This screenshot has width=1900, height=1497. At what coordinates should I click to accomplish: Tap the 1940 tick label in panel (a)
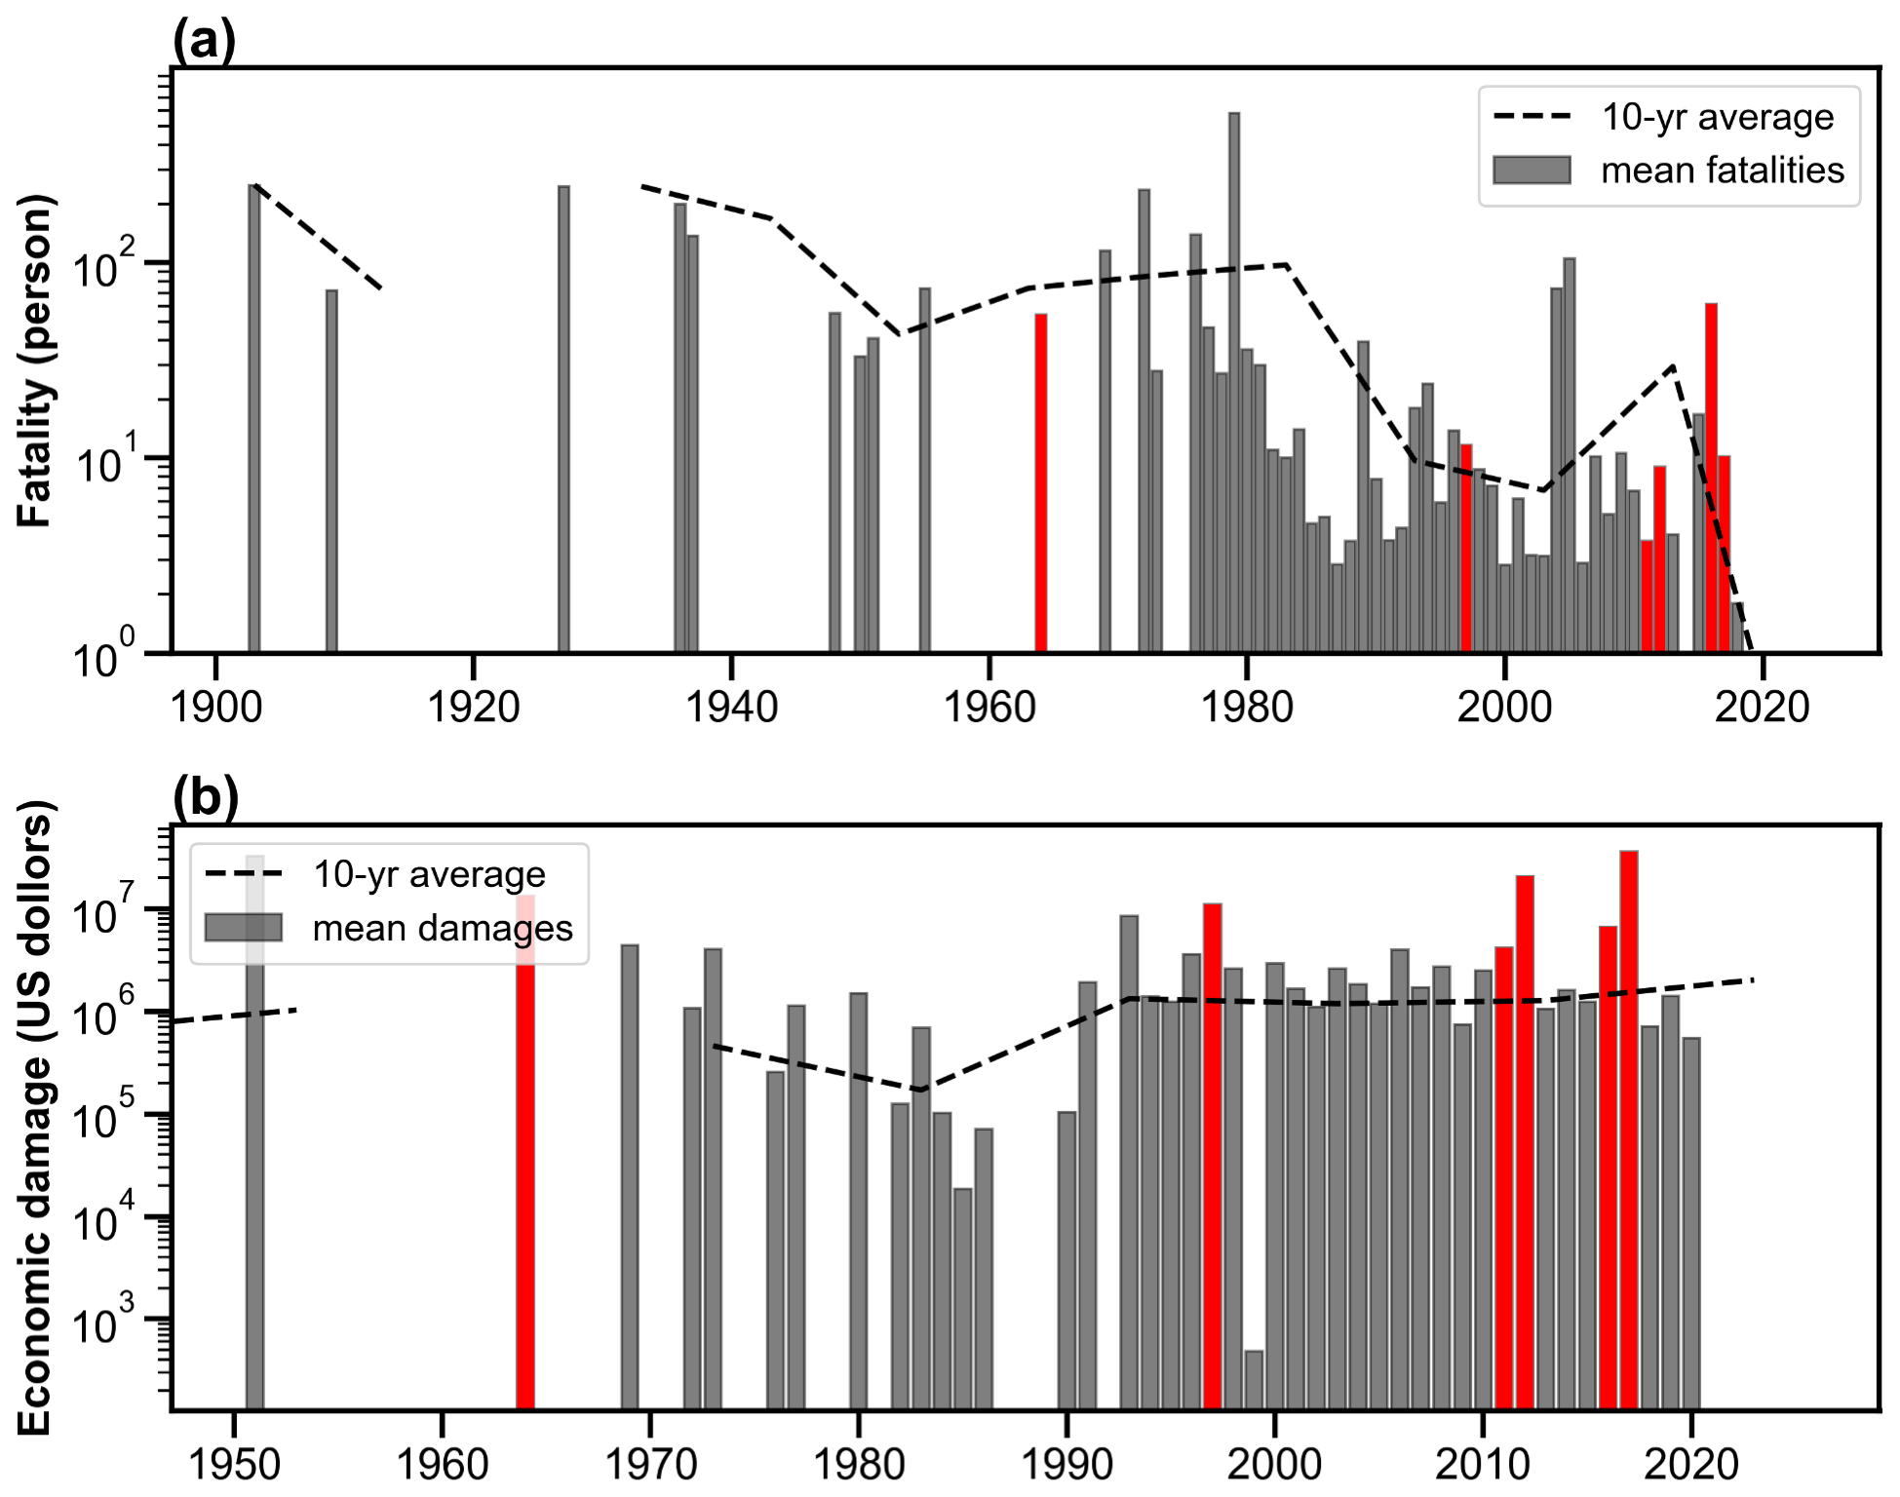click(x=731, y=707)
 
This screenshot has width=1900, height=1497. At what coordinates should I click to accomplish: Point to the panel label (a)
click(x=204, y=41)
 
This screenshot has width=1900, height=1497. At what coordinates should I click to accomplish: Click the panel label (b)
click(x=205, y=797)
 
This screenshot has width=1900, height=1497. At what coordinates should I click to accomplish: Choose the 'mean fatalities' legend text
click(x=1722, y=171)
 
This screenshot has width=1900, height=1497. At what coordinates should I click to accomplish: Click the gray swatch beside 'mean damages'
click(x=244, y=927)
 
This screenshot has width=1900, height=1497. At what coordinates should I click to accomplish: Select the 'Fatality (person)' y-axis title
click(x=35, y=361)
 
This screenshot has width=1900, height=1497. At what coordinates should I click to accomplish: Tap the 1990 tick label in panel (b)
click(x=1066, y=1465)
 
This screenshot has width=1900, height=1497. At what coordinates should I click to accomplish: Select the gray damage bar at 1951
click(x=254, y=1170)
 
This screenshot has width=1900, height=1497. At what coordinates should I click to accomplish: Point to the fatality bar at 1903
click(x=254, y=419)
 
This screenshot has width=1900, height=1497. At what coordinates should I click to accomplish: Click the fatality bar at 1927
click(x=563, y=419)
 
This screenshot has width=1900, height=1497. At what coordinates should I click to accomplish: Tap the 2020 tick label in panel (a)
click(x=1762, y=707)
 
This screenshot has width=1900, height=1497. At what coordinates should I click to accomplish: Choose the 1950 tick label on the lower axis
click(x=233, y=1465)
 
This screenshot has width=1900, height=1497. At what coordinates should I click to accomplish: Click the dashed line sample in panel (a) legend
click(x=1532, y=117)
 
